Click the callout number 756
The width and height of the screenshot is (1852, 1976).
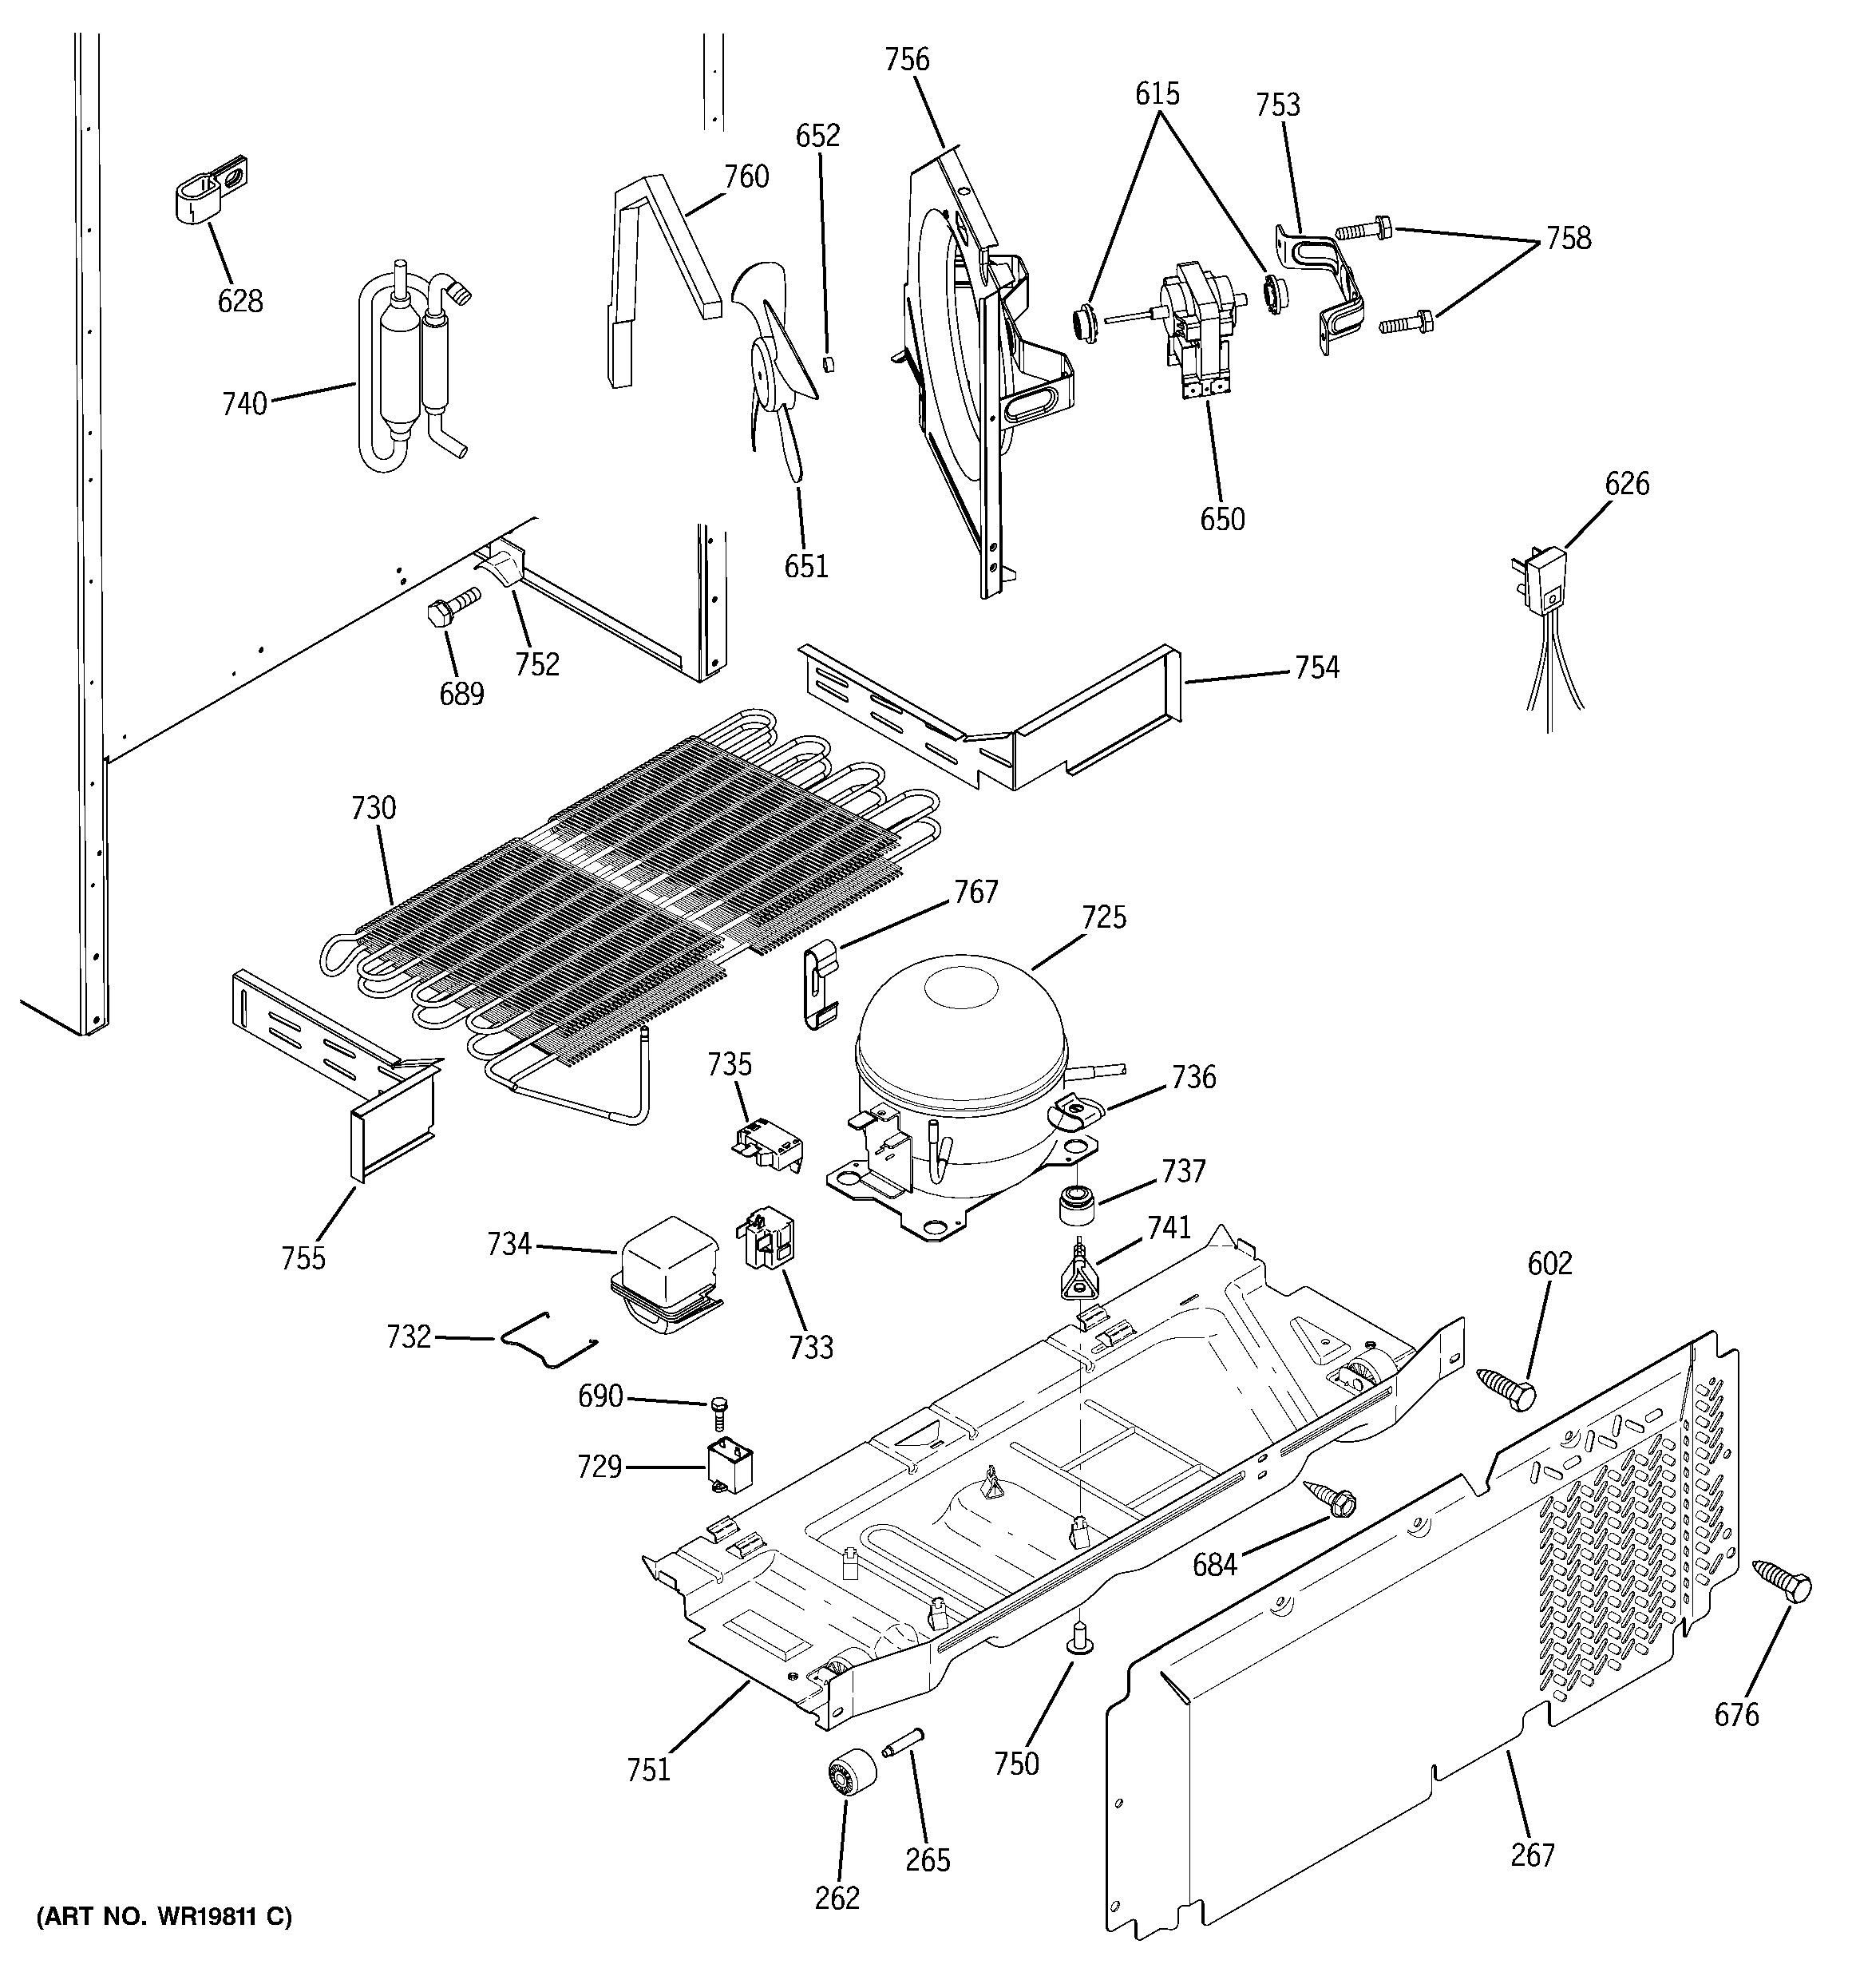907,60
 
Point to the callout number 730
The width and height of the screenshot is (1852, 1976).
373,808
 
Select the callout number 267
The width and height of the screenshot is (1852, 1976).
1532,1854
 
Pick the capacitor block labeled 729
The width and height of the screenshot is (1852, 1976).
729,1469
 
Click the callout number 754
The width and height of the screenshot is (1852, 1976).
1316,667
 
